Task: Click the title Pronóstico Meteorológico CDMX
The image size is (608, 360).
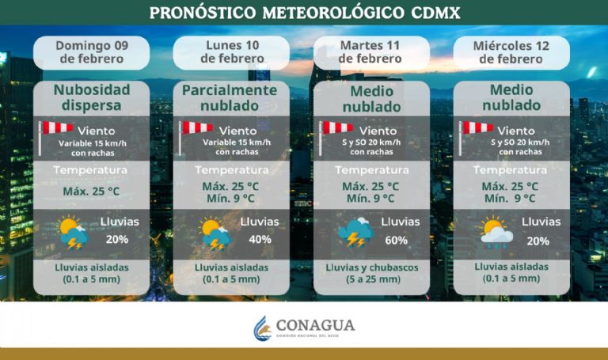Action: click(304, 13)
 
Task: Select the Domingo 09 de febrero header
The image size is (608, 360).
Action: click(91, 51)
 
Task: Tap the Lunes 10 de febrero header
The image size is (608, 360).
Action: click(232, 51)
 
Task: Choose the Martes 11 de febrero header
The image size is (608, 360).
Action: click(372, 51)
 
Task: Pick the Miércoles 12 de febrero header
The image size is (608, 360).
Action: click(511, 51)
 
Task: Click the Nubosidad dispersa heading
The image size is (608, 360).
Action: click(91, 97)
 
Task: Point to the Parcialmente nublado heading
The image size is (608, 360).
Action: click(230, 97)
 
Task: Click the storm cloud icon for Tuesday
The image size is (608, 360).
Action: click(355, 232)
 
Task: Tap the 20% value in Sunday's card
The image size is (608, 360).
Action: click(117, 239)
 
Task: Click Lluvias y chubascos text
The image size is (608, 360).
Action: click(371, 267)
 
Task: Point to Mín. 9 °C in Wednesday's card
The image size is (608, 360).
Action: click(511, 199)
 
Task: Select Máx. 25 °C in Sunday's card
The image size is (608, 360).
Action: click(91, 191)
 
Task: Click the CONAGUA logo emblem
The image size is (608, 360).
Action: click(262, 328)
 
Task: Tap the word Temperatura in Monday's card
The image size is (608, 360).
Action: click(231, 170)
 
